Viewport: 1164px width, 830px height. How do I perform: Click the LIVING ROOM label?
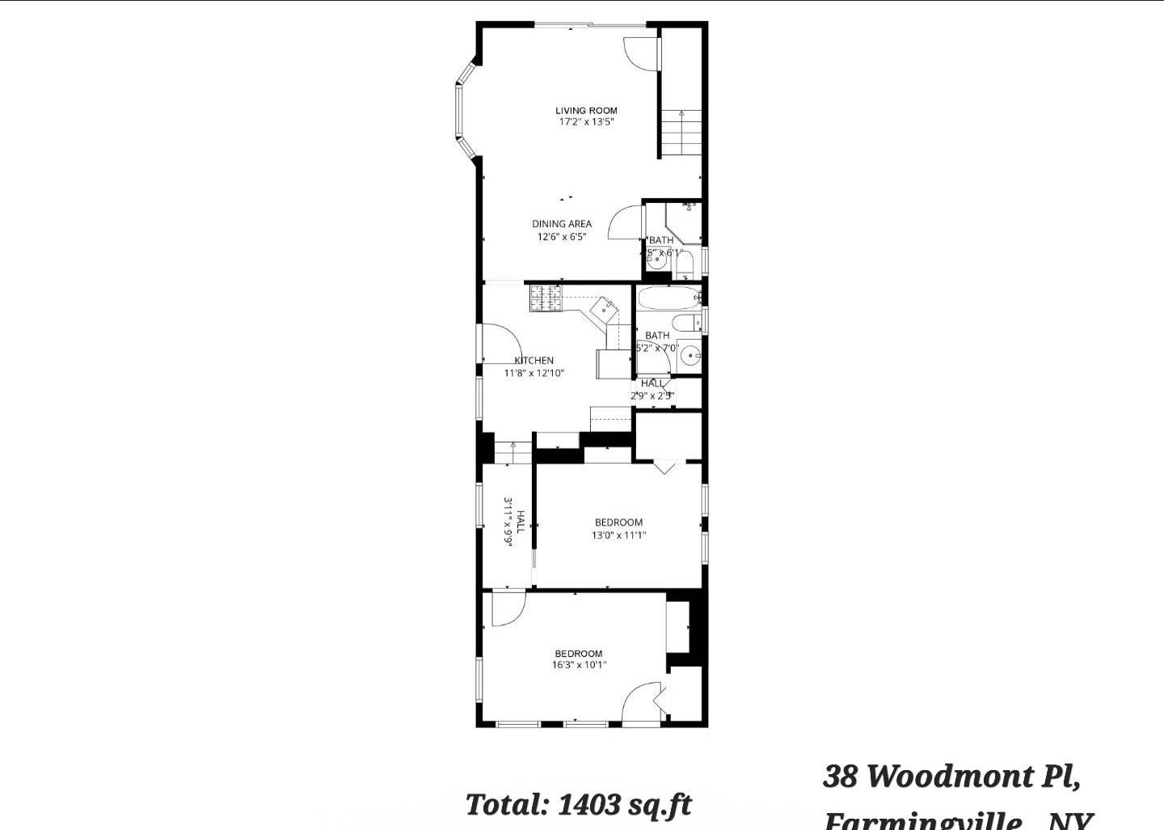(586, 111)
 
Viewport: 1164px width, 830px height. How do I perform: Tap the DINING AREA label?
(561, 224)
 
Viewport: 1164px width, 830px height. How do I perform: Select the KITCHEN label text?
(534, 361)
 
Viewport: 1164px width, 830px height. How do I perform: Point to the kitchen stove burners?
(545, 299)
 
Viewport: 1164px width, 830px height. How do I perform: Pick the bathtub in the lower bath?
(668, 298)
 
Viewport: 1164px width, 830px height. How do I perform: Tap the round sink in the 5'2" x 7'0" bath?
(690, 355)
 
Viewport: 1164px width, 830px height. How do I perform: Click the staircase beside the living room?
(681, 133)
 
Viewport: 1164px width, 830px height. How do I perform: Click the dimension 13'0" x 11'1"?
(618, 535)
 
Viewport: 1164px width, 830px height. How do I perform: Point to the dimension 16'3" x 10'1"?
(579, 666)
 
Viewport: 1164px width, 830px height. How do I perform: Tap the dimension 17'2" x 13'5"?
(586, 123)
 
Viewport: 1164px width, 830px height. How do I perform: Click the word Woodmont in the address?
(951, 777)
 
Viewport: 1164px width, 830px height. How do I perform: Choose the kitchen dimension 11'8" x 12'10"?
(533, 374)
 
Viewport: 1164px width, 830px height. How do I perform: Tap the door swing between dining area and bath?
(624, 222)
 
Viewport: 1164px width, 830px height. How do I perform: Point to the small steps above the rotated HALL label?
(512, 452)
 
